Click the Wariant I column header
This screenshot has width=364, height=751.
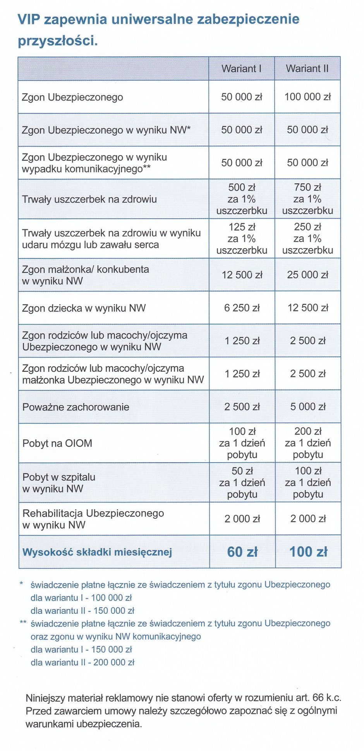(x=241, y=69)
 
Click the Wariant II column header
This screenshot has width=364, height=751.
(x=307, y=69)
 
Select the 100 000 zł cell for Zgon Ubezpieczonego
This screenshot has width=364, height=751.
(x=307, y=97)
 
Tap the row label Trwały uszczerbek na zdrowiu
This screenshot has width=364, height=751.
(x=89, y=199)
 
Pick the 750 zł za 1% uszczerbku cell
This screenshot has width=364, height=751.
(x=307, y=199)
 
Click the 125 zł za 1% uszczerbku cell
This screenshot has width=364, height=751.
(x=242, y=238)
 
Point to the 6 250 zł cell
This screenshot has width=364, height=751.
(x=242, y=308)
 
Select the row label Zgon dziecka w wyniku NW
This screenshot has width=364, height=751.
(x=84, y=308)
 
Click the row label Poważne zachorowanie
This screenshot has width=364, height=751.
(x=76, y=407)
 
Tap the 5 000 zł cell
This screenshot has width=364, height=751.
(x=308, y=407)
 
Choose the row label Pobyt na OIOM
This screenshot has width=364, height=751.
(x=57, y=443)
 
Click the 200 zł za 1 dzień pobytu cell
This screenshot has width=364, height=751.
(x=308, y=443)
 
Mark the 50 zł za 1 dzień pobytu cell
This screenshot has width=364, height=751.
(x=242, y=482)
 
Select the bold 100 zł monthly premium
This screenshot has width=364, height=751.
(x=308, y=552)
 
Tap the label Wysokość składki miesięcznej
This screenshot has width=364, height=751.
(x=97, y=552)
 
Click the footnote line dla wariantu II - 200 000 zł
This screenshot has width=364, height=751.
(x=82, y=663)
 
